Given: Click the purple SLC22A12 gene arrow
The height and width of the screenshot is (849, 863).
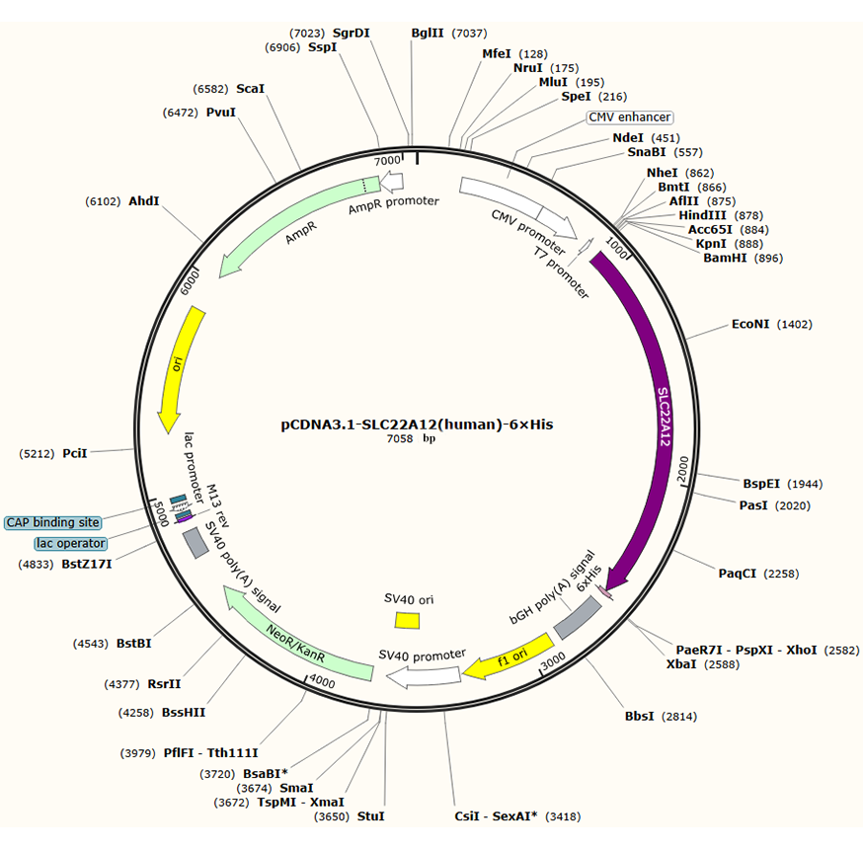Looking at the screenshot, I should coord(659,415).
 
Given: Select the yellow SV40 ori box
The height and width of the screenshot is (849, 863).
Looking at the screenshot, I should coord(407,619).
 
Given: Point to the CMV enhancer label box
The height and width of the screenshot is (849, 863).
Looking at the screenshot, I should coord(630,117).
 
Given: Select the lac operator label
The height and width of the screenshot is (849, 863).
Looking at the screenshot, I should coord(70,543).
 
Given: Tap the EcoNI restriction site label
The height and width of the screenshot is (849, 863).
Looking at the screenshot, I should coord(750,324).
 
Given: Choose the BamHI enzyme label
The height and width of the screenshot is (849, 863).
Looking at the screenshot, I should coord(726,259).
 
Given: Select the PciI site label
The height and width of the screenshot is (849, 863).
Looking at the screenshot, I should coord(75,453).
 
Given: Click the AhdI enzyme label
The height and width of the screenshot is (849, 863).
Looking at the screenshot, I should coord(143,200).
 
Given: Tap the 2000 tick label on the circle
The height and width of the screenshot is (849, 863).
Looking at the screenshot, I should coord(680,475).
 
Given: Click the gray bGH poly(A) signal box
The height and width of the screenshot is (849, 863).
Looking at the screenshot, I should coord(577,617).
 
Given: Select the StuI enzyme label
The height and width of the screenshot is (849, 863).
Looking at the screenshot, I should coord(371,816).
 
